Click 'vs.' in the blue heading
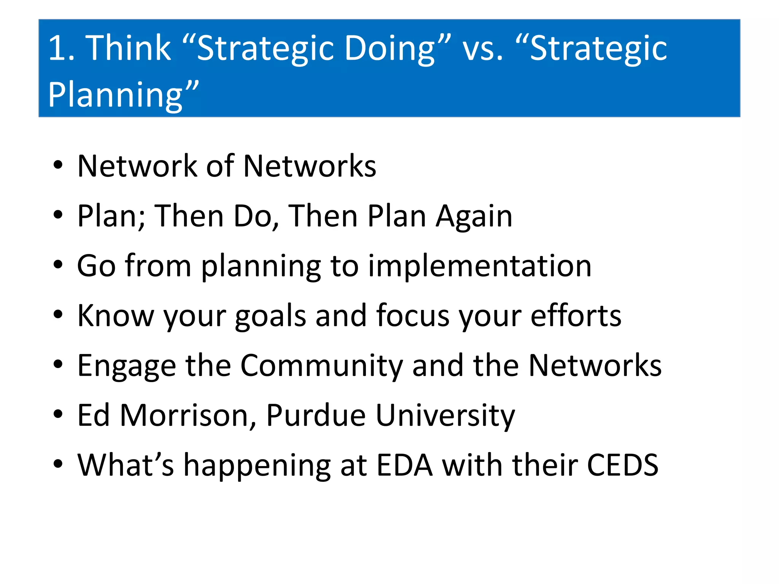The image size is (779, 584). pyautogui.click(x=483, y=49)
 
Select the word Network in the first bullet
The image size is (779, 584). pyautogui.click(x=137, y=166)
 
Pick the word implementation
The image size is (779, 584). pyautogui.click(x=480, y=266)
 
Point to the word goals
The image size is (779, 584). pyautogui.click(x=270, y=316)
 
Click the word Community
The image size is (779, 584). pyautogui.click(x=321, y=366)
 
